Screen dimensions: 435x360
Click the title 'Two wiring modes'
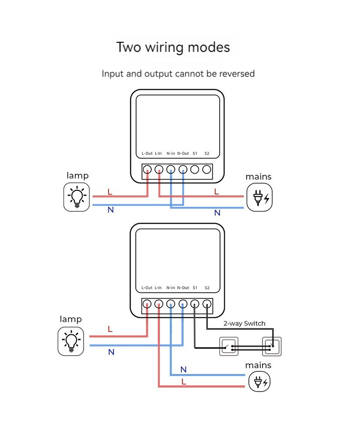point(173,47)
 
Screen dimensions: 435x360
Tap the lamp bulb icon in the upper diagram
point(77,197)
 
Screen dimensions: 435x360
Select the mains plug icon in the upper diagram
point(259,197)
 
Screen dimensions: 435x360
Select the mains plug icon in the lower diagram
point(259,381)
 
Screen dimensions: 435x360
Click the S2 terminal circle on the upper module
point(206,170)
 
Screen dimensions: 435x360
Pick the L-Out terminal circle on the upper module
point(148,170)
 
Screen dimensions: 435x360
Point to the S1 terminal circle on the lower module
point(195,303)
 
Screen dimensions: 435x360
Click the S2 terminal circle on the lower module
point(207,303)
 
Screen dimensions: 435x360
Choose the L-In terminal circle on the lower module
point(159,303)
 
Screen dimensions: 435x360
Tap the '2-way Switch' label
point(244,323)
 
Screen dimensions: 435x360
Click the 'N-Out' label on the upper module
point(183,154)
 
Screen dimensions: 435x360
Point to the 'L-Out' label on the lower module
point(147,288)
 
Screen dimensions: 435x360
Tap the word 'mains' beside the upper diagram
point(258,177)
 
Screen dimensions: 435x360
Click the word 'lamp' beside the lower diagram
point(71,319)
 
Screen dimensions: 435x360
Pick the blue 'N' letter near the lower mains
point(184,369)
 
